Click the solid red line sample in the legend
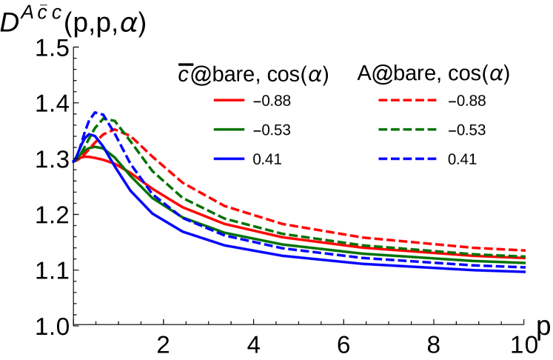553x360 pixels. (x=229, y=100)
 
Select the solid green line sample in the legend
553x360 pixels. (x=229, y=129)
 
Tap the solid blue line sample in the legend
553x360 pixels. (x=229, y=159)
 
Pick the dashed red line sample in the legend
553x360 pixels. (x=407, y=100)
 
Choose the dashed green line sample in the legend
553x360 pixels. (x=407, y=129)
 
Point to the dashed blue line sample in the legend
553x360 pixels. (x=407, y=159)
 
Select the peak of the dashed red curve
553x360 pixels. (x=115, y=130)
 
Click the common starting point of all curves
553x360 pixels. (x=75, y=161)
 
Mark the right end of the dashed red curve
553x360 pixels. (x=524, y=250)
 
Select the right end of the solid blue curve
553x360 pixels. (x=524, y=271)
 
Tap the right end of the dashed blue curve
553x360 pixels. (x=524, y=267)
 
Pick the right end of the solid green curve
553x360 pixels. (x=524, y=262)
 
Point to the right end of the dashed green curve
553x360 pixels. (x=524, y=256)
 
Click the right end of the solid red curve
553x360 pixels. (x=524, y=258)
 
